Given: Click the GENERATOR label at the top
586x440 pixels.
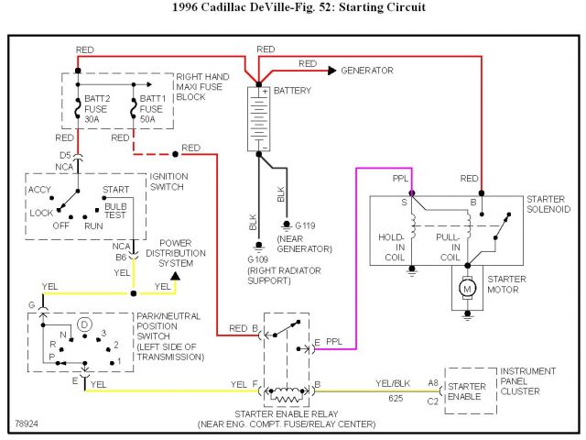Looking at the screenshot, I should point(367,71).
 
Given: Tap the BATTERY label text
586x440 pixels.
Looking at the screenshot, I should point(293,91).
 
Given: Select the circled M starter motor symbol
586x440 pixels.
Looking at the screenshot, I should point(468,289).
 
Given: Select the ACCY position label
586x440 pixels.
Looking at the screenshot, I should point(40,190).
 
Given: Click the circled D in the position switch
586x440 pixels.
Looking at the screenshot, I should point(84,324).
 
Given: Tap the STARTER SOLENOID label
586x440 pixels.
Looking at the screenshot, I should point(548,203).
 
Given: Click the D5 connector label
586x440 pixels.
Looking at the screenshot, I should point(65,155).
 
